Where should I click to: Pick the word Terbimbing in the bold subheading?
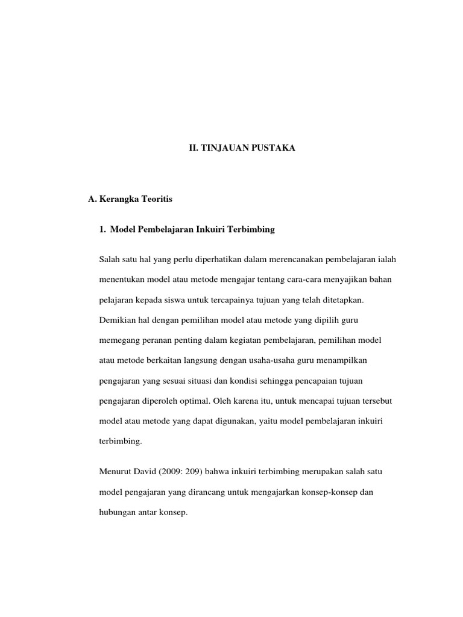pos(253,230)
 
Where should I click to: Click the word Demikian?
pos(116,320)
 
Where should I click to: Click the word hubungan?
pos(118,513)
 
